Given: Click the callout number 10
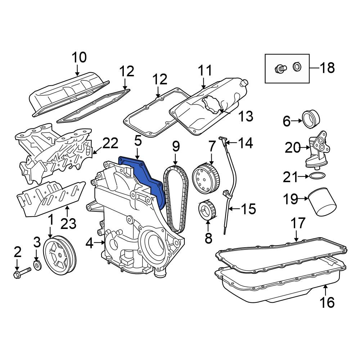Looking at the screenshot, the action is pos(79,57).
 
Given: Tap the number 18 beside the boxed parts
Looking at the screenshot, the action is pos(327,68).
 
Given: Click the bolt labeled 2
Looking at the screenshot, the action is pos(22,271).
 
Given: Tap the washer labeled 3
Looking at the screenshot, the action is pos(37,265).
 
